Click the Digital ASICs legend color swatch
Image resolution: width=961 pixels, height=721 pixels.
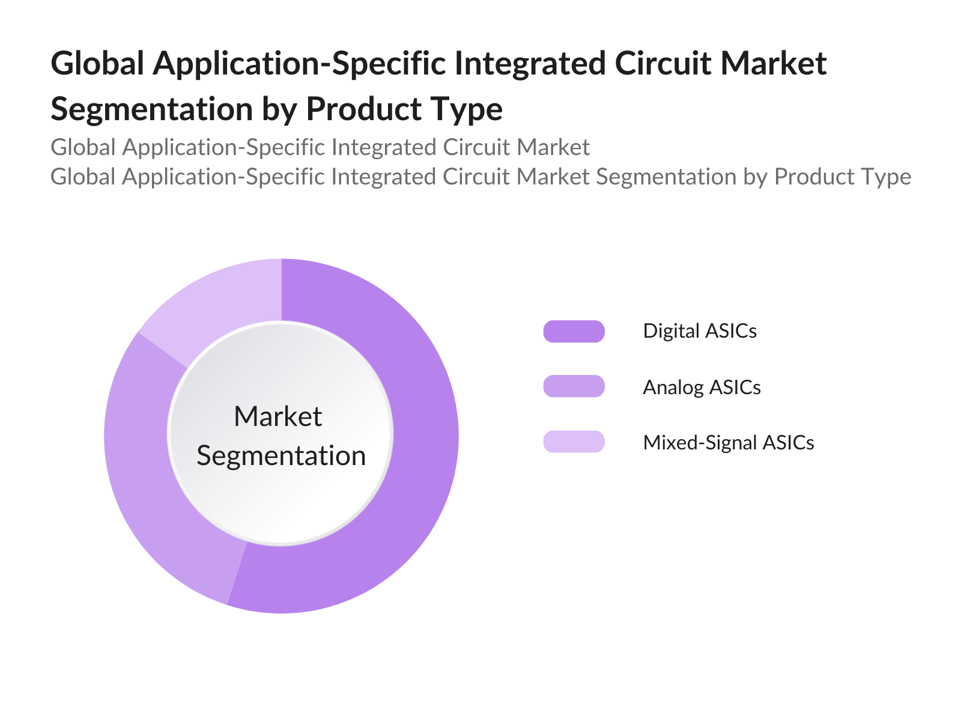[574, 331]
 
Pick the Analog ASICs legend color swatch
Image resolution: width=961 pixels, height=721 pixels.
[574, 386]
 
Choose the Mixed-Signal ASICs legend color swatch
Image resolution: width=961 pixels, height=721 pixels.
[574, 442]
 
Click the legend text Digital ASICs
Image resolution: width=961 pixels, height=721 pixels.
[699, 331]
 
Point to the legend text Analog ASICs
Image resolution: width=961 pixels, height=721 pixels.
[702, 387]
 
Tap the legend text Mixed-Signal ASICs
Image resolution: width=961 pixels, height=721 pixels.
[728, 443]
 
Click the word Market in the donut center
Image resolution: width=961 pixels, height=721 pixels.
[278, 416]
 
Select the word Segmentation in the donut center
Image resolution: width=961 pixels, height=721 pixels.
[281, 455]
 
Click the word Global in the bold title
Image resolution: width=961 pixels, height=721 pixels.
[97, 64]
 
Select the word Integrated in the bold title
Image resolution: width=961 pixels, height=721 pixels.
[529, 64]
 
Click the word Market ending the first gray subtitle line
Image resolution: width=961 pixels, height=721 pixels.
[554, 147]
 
